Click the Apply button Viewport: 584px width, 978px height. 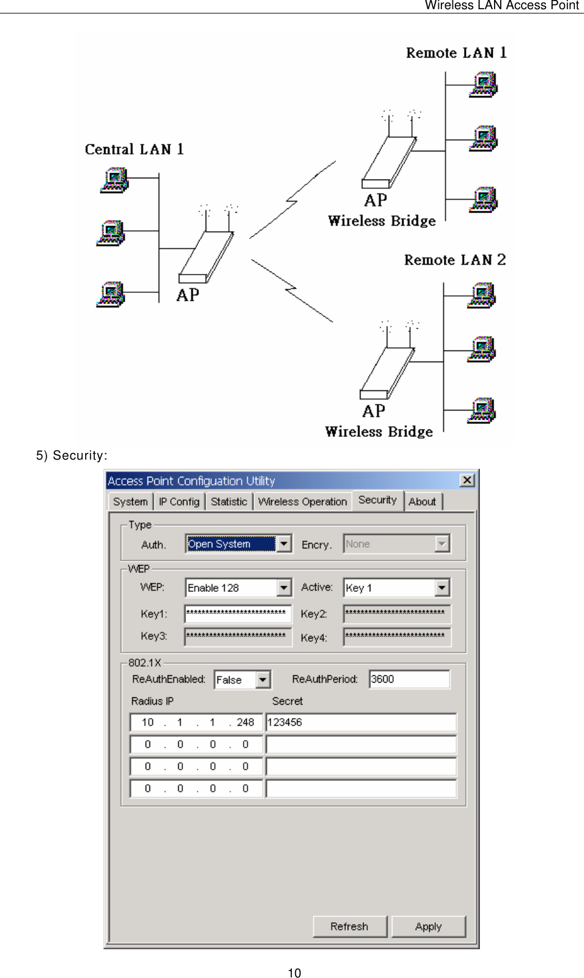coord(429,926)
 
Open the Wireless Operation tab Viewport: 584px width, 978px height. coord(302,502)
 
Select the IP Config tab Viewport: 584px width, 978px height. coord(179,502)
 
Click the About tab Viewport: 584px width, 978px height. coord(422,502)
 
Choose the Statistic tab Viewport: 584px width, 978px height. coord(229,502)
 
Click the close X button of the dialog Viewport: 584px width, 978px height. coord(467,480)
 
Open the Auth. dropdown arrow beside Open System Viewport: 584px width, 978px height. coord(284,544)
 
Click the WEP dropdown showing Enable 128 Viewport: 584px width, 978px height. coord(238,588)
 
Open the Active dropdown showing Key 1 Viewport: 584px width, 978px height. coord(396,588)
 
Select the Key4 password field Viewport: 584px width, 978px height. coord(397,637)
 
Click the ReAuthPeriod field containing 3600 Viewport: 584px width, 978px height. coord(409,679)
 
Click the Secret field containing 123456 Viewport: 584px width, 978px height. coord(361,722)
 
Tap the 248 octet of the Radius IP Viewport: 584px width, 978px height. coord(245,722)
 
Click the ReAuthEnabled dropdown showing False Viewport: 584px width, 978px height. coord(242,680)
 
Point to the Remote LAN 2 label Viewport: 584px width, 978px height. coord(455,260)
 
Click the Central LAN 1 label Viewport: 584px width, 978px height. coord(134,150)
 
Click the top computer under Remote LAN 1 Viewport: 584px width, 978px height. coord(484,85)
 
